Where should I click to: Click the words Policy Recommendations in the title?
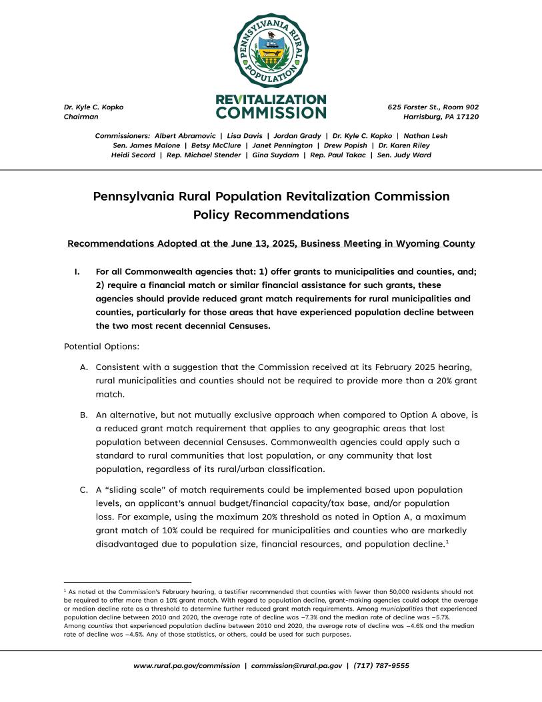point(271,215)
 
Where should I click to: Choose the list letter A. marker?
point(84,367)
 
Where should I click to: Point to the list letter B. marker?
point(84,415)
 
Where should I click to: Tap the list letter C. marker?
point(84,490)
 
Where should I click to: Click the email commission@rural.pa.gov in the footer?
point(297,665)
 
